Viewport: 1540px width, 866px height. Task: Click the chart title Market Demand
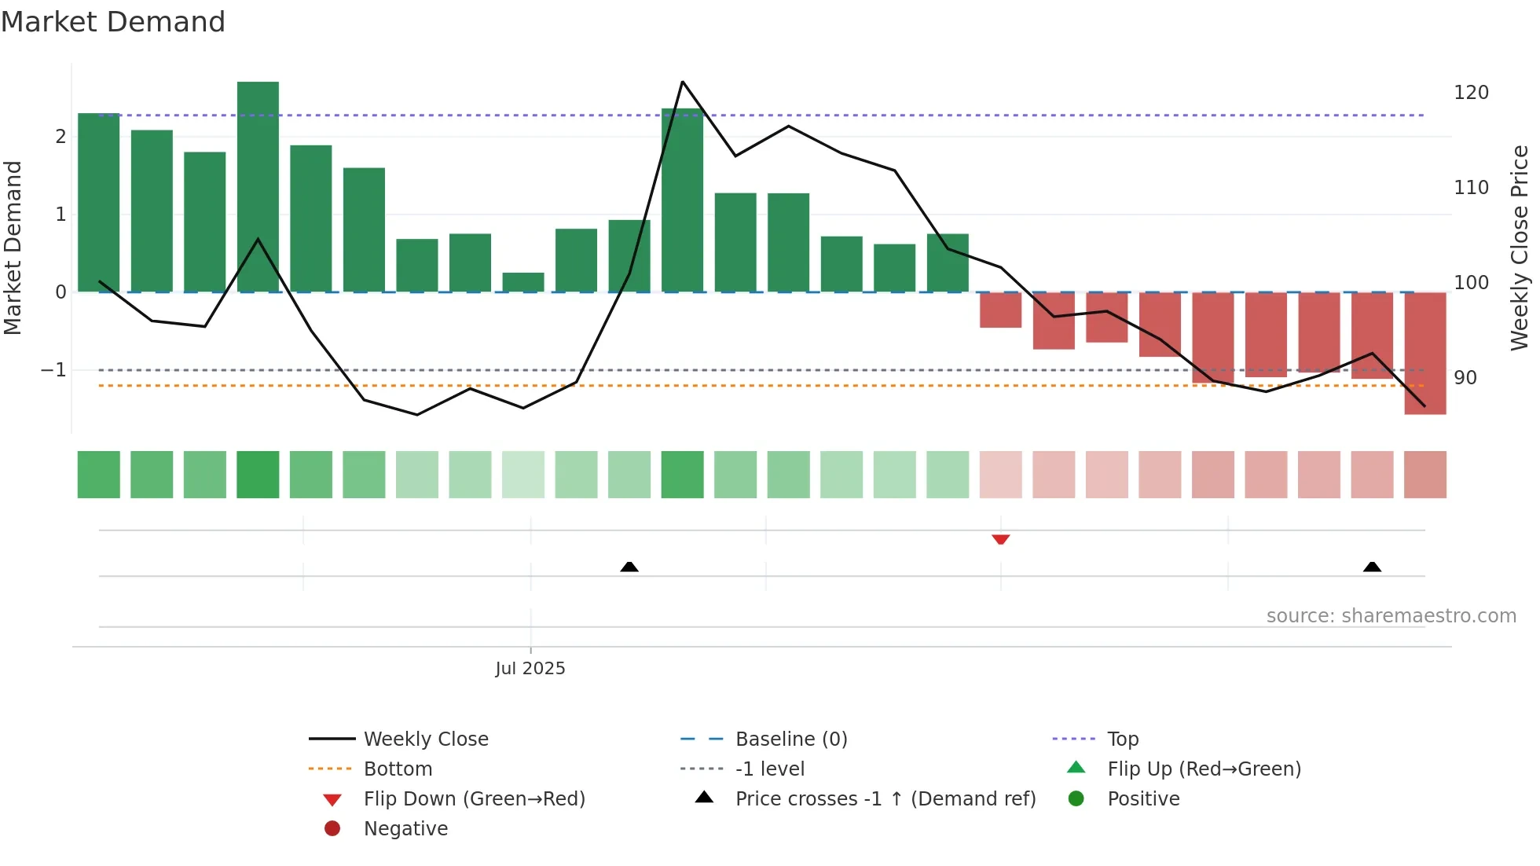click(113, 22)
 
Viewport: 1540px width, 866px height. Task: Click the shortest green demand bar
click(523, 282)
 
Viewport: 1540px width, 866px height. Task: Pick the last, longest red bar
click(1424, 354)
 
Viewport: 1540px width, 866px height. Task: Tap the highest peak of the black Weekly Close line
click(682, 82)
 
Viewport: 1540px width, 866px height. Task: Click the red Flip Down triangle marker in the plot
click(1000, 539)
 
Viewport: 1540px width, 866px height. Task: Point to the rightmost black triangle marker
click(1372, 567)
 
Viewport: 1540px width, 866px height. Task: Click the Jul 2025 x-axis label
click(530, 668)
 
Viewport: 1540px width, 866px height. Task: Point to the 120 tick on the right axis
click(1471, 93)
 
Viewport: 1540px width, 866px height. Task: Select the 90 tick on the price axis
click(1465, 378)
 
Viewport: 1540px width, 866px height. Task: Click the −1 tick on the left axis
click(54, 369)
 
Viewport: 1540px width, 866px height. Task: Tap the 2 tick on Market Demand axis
click(60, 137)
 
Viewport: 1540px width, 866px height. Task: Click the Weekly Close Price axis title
click(1520, 248)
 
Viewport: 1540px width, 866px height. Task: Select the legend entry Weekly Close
click(425, 739)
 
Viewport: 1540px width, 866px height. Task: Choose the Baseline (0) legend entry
click(790, 739)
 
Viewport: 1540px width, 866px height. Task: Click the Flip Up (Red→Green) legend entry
click(1203, 769)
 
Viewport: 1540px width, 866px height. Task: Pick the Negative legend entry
click(405, 828)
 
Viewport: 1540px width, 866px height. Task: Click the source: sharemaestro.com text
click(1391, 616)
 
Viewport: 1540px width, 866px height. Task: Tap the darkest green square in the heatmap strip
click(258, 475)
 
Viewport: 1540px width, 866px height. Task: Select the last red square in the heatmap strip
click(1424, 475)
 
